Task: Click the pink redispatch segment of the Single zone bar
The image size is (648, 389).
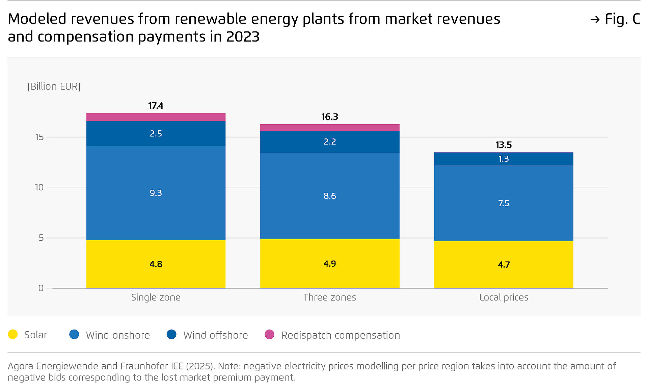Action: pyautogui.click(x=156, y=117)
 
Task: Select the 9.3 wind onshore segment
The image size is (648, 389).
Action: pyautogui.click(x=156, y=193)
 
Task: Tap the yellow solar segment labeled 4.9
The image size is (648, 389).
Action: pyautogui.click(x=329, y=264)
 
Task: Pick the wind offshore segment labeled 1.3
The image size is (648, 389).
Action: pyautogui.click(x=504, y=159)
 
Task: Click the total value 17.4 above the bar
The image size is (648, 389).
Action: pyautogui.click(x=156, y=106)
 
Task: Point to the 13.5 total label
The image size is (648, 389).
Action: pyautogui.click(x=504, y=145)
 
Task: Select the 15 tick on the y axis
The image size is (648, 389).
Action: pyautogui.click(x=39, y=137)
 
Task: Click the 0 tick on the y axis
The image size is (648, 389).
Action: pyautogui.click(x=41, y=288)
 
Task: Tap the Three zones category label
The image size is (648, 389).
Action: pyautogui.click(x=329, y=297)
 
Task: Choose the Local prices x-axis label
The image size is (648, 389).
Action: pyautogui.click(x=504, y=297)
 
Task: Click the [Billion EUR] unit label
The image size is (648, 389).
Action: pyautogui.click(x=54, y=86)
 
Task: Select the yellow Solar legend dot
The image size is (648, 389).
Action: pyautogui.click(x=13, y=334)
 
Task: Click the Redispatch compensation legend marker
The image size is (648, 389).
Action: pyautogui.click(x=269, y=334)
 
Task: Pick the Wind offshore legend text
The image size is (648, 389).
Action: pyautogui.click(x=215, y=335)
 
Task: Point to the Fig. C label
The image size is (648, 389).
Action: pyautogui.click(x=622, y=19)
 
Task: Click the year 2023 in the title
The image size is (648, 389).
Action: pyautogui.click(x=243, y=37)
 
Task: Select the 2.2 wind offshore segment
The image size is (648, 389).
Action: pyautogui.click(x=329, y=141)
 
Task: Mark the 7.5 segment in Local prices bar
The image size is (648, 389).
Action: pyautogui.click(x=504, y=203)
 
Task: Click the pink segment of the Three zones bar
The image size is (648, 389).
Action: pyautogui.click(x=329, y=128)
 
